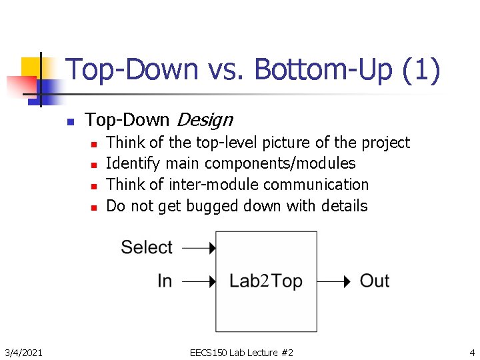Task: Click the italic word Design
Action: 203,120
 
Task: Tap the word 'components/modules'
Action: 280,163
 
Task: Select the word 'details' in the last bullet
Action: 343,206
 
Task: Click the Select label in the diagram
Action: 147,247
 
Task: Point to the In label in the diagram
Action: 165,281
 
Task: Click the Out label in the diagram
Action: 375,281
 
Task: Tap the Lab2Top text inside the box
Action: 266,281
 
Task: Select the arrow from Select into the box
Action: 199,249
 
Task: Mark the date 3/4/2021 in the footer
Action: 24,352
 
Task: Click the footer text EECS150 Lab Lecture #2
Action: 241,352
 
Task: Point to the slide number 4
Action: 471,352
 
